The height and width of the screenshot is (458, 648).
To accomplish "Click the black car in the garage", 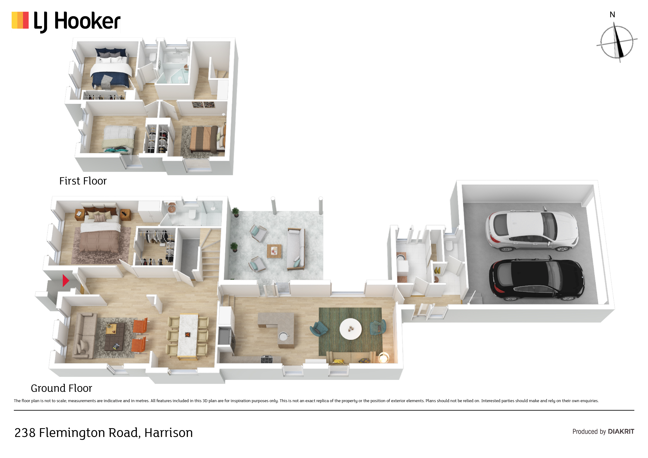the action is [536, 279].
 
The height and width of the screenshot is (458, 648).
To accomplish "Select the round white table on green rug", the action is [350, 329].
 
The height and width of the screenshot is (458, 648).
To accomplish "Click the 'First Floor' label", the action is [83, 181].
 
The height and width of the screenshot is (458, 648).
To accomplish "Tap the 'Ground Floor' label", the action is [62, 388].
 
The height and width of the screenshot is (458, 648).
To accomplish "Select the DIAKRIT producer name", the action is [621, 431].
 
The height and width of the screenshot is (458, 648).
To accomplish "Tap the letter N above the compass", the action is [612, 15].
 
